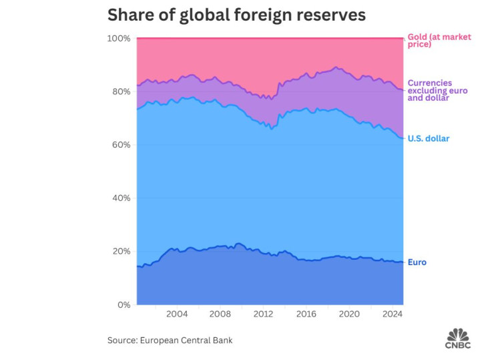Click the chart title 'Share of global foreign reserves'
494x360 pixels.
click(236, 15)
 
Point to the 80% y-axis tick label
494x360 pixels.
click(120, 92)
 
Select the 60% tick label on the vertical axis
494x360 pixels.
click(120, 145)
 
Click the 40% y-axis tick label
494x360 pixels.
click(120, 198)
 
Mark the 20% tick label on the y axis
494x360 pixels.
click(120, 251)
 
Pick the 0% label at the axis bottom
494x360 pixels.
click(123, 305)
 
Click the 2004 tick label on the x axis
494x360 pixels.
click(176, 314)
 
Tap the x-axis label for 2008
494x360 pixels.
click(220, 314)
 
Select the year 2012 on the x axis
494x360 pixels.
click(263, 314)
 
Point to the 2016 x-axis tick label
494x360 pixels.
click(306, 314)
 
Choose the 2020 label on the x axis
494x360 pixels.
click(350, 314)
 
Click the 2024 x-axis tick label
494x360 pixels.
click(393, 314)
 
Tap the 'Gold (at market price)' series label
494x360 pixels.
click(439, 41)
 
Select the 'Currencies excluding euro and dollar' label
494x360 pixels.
click(439, 90)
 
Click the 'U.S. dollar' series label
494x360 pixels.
click(428, 139)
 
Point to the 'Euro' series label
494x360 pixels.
click(417, 262)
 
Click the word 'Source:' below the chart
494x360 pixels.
click(122, 340)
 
